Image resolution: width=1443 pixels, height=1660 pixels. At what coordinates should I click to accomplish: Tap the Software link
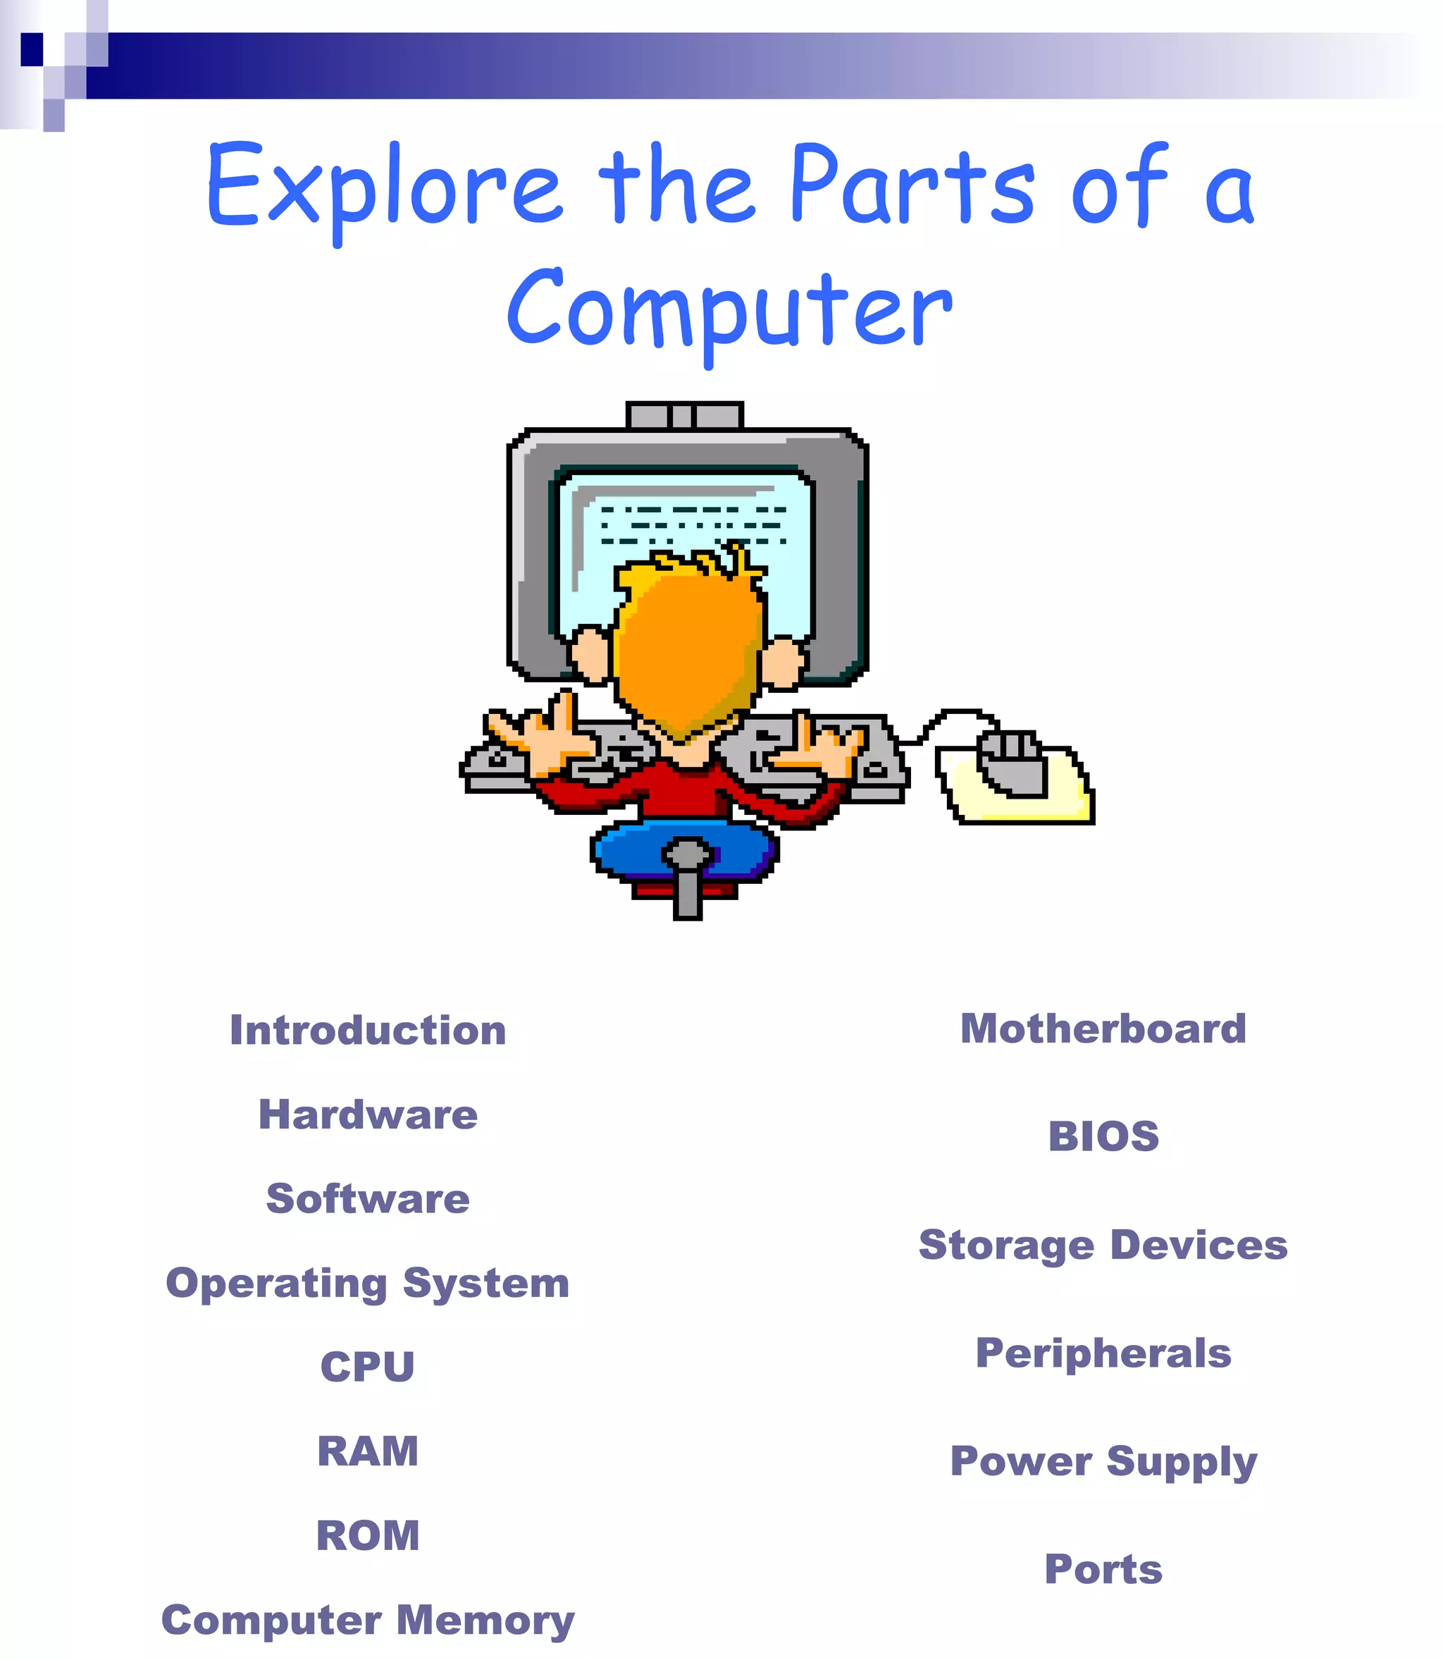click(x=368, y=1198)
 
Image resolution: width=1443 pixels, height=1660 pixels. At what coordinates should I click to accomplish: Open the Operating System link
click(x=368, y=1283)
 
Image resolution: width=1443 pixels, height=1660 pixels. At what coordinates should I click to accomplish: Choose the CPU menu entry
click(x=368, y=1367)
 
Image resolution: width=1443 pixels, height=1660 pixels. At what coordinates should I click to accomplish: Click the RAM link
click(x=368, y=1451)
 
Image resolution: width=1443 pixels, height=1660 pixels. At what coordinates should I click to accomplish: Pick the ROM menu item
click(x=368, y=1535)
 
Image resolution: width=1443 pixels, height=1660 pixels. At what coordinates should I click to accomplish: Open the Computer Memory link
click(x=368, y=1621)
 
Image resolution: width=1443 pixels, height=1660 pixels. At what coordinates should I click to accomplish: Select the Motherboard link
click(x=1103, y=1028)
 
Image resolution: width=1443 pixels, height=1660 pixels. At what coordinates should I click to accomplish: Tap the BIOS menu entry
click(x=1103, y=1136)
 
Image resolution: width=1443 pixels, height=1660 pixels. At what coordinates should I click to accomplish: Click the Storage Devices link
click(x=1103, y=1246)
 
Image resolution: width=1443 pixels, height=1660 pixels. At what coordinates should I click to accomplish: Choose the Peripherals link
click(x=1103, y=1353)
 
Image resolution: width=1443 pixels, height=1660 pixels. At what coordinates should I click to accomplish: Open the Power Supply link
click(x=1103, y=1462)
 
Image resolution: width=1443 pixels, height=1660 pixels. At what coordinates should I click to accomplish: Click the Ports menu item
click(x=1103, y=1569)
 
